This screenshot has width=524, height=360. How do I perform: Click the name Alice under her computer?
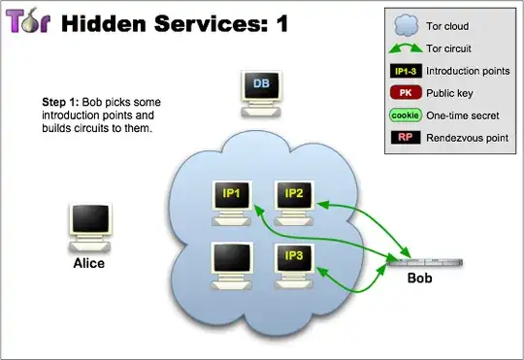click(88, 263)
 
